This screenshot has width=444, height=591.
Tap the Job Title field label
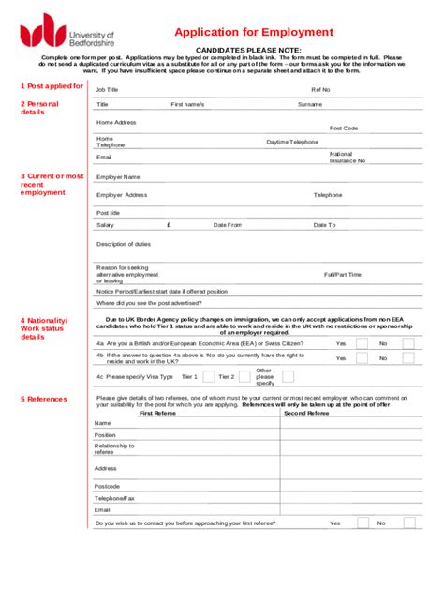coord(108,90)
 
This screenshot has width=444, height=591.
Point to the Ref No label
coord(320,90)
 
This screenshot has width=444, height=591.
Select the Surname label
coord(310,104)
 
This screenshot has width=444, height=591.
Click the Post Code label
coord(343,129)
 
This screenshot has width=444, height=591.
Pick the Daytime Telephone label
coord(292,142)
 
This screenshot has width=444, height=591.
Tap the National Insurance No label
coord(347,157)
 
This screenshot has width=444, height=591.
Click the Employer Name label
coord(118,176)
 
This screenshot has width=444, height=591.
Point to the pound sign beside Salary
coord(169,225)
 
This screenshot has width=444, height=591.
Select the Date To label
coord(324,225)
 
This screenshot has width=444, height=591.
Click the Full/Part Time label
coord(342,275)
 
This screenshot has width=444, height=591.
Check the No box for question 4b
coord(408,358)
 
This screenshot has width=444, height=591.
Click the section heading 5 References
coord(44,399)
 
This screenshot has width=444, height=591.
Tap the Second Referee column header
coord(306,413)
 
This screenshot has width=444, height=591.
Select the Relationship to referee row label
coord(114,448)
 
